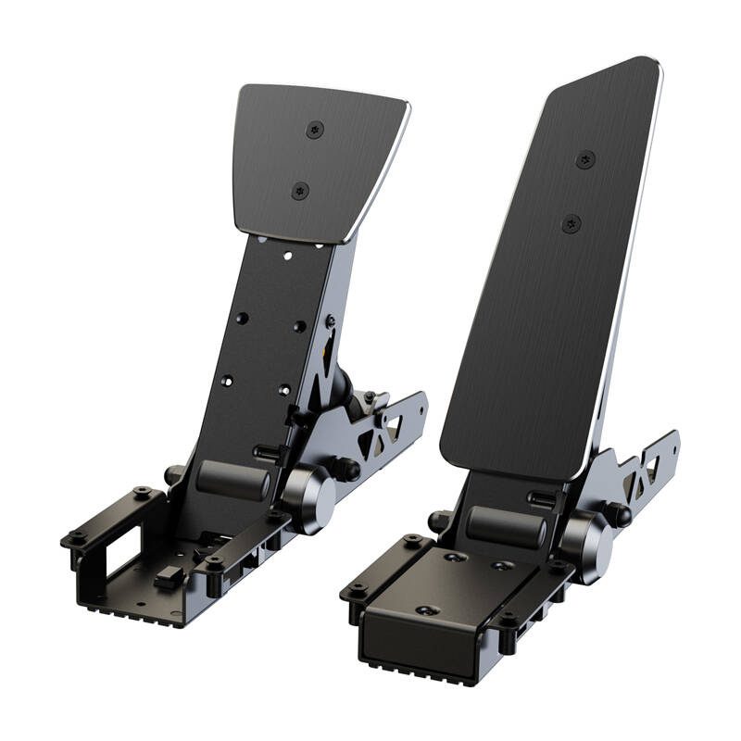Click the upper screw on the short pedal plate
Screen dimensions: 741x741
click(x=315, y=130)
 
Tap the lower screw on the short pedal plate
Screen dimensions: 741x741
click(x=300, y=191)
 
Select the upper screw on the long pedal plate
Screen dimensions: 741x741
click(x=584, y=160)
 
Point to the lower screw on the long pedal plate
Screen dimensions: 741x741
click(x=571, y=223)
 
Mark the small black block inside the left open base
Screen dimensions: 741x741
click(x=168, y=578)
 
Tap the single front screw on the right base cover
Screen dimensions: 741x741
click(x=426, y=610)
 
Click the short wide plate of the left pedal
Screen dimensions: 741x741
click(x=320, y=162)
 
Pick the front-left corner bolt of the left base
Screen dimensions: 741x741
click(x=74, y=537)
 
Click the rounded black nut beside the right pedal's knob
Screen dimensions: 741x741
click(x=618, y=513)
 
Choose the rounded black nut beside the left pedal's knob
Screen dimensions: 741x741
click(x=347, y=468)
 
